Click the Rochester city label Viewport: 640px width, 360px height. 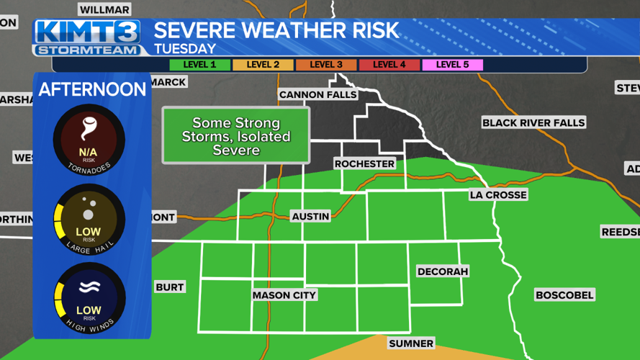[x=364, y=163]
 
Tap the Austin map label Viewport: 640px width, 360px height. [x=310, y=216]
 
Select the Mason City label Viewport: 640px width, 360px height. [x=284, y=294]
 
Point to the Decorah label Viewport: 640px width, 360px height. [x=443, y=271]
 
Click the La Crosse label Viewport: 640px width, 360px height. [x=498, y=194]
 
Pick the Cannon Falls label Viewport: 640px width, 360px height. [x=317, y=95]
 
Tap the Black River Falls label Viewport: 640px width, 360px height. [x=533, y=122]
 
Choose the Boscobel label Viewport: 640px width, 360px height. [x=564, y=294]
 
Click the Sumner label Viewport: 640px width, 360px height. [x=411, y=343]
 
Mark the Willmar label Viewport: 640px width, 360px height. [x=104, y=9]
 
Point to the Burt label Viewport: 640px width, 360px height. [x=170, y=287]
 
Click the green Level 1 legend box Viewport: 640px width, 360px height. [x=199, y=65]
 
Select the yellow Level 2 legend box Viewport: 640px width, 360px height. [x=263, y=65]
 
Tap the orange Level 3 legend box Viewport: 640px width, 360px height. [x=326, y=65]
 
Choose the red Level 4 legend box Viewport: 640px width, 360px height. [x=389, y=65]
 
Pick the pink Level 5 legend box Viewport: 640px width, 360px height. [x=453, y=65]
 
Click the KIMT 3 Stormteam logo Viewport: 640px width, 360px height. [x=87, y=37]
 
